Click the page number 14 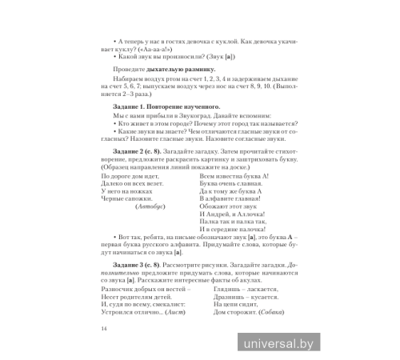[x=94, y=329]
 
